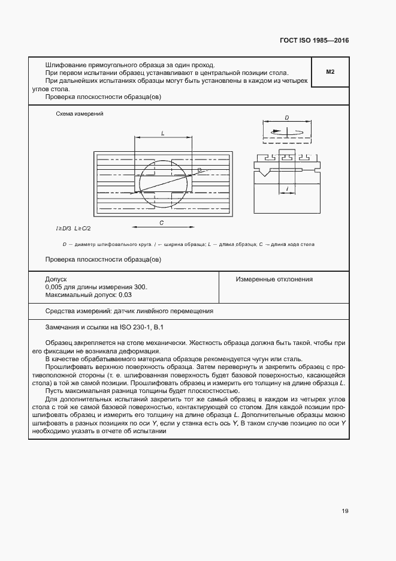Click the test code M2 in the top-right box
click(330, 72)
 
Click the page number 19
click(345, 511)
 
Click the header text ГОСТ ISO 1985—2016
click(314, 40)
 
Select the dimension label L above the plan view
click(162, 132)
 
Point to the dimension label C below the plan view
click(162, 221)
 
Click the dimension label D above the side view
click(288, 118)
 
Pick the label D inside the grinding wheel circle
click(199, 171)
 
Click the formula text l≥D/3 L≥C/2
click(73, 229)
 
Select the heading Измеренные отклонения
click(274, 279)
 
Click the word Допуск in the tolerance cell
click(56, 279)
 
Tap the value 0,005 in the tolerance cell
click(56, 287)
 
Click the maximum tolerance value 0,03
click(125, 295)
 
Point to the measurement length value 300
click(141, 287)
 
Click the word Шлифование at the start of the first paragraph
click(65, 65)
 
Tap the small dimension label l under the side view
click(288, 188)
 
